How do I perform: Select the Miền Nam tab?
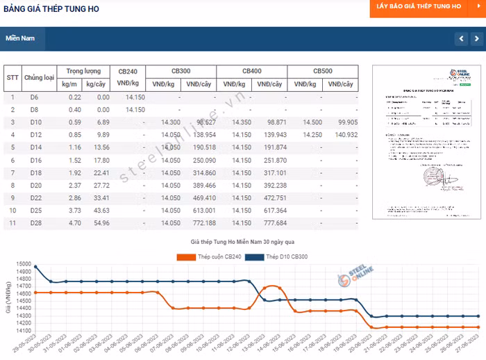pos(20,38)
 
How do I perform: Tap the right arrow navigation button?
pos(477,38)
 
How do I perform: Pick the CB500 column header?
pos(322,72)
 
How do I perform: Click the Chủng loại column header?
pos(39,78)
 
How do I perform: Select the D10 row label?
pos(35,122)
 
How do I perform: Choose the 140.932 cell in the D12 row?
pos(342,135)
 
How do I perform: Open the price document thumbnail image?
pos(427,142)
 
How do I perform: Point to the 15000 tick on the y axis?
pos(24,265)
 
